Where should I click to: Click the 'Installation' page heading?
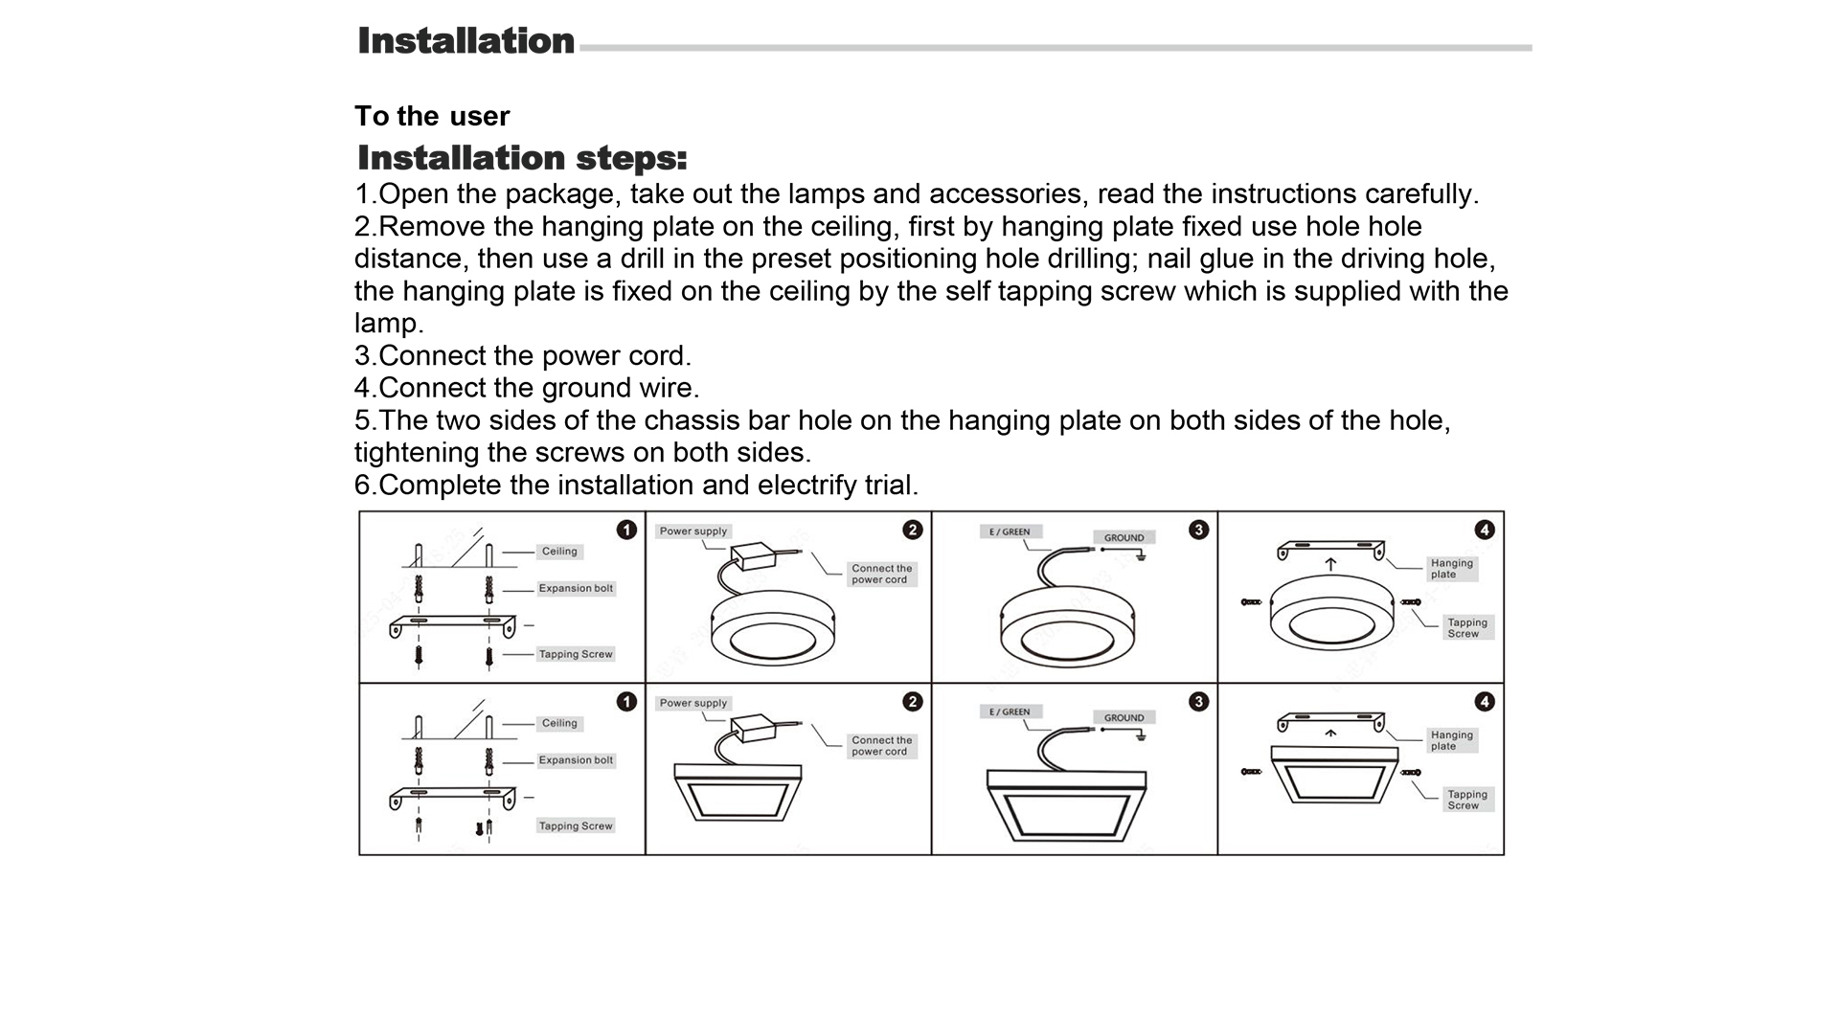(x=465, y=41)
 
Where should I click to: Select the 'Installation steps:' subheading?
(x=522, y=158)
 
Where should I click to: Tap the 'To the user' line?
(x=432, y=116)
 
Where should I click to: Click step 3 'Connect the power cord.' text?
(x=523, y=355)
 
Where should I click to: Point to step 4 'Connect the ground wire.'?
(x=527, y=388)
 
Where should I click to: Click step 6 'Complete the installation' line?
(x=636, y=485)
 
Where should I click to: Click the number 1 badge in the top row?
(x=626, y=530)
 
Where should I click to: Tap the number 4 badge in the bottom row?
(x=1485, y=702)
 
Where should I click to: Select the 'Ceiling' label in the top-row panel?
(x=559, y=552)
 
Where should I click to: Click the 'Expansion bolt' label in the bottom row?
(x=576, y=760)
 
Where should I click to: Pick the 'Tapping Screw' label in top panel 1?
(x=576, y=654)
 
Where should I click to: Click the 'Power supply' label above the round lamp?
(x=693, y=531)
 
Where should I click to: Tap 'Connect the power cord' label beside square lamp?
(x=881, y=746)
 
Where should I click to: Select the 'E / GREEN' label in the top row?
(x=1010, y=531)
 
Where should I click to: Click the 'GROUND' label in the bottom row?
(x=1124, y=717)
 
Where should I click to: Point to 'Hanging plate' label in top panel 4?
(x=1451, y=569)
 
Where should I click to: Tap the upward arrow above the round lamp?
(x=1330, y=565)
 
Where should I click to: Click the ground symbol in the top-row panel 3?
(x=1140, y=554)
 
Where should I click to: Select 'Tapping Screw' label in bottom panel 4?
(x=1467, y=800)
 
